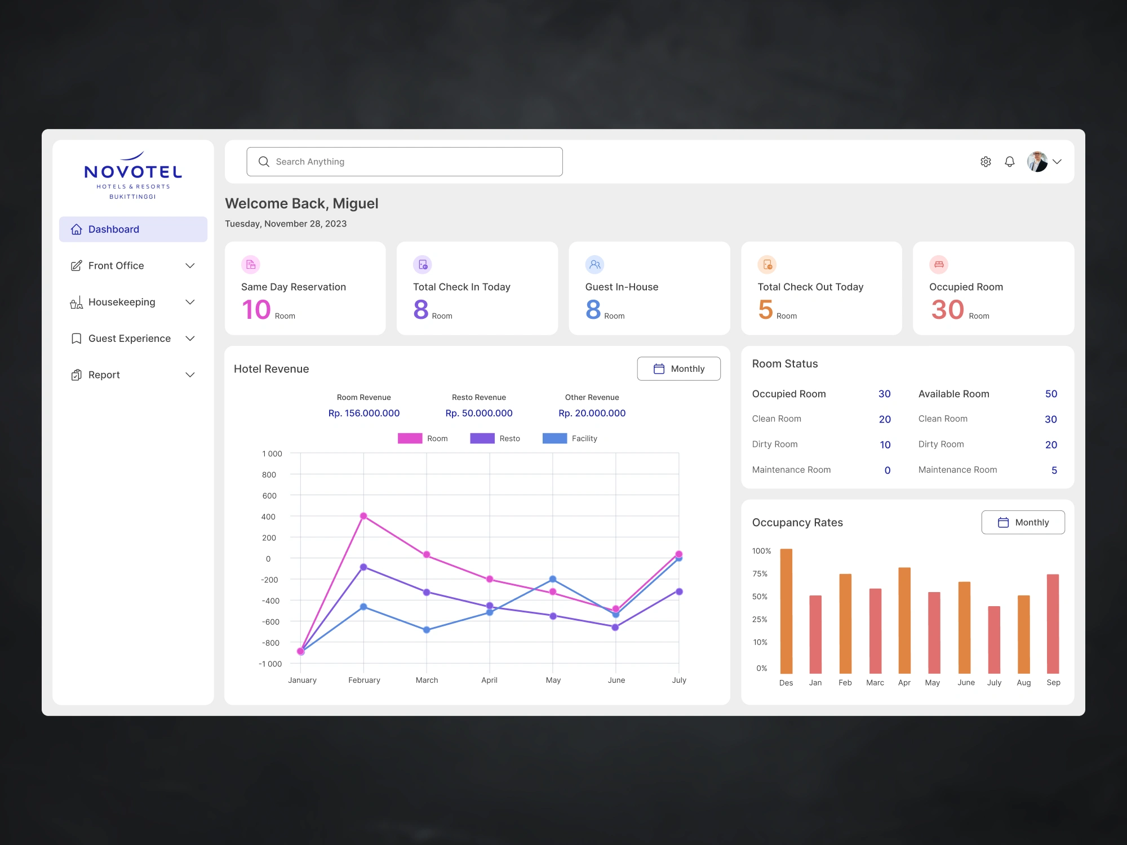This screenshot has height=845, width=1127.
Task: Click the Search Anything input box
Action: pos(405,162)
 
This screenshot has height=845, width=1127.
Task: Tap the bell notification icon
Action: pos(1009,162)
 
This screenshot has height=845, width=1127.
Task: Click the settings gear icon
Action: pos(986,162)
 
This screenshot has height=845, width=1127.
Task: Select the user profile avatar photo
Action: pos(1037,162)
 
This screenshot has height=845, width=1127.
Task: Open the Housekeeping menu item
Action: pos(122,302)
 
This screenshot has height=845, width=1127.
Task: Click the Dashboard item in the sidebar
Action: pos(133,229)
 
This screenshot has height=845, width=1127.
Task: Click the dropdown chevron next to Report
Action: pos(190,375)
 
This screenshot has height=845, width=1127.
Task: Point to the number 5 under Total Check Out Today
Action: pos(765,309)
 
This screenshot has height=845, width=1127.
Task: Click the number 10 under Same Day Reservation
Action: pos(256,309)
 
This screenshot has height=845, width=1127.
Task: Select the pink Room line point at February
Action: pos(363,516)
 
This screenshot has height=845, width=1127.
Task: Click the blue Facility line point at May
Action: pos(553,579)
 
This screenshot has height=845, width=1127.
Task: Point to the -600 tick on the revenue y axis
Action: pos(270,622)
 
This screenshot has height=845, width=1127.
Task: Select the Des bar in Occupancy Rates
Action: pos(786,611)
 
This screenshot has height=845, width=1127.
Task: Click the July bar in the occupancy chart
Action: pos(994,639)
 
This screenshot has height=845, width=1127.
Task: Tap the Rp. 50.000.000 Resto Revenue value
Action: pos(479,413)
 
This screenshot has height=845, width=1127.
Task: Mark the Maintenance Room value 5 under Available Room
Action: pos(1054,470)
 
